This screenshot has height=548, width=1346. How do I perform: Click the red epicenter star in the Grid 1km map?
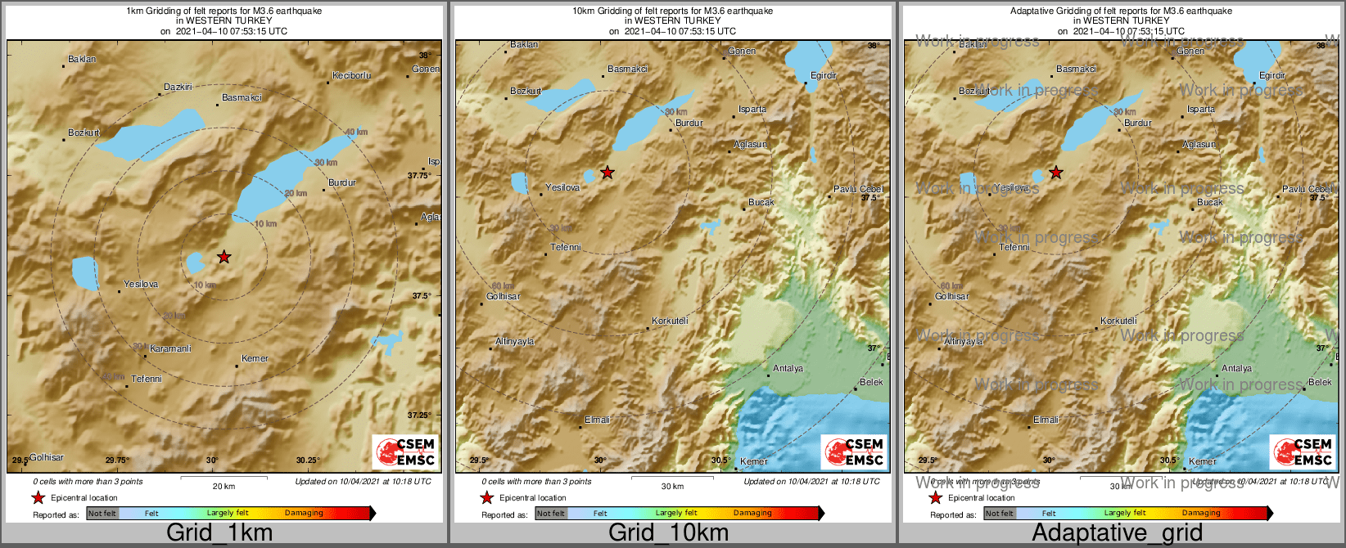[224, 258]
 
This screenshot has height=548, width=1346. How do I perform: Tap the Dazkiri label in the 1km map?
[178, 87]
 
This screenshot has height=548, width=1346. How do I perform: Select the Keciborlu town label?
[351, 75]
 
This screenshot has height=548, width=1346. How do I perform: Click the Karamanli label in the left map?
[170, 348]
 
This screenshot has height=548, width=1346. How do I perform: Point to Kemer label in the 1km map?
[255, 358]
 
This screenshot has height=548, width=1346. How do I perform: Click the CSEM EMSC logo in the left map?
[405, 451]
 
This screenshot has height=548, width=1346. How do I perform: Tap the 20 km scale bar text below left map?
[224, 487]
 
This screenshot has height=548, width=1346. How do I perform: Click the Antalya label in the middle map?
[788, 369]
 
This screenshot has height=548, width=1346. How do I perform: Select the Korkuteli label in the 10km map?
[670, 321]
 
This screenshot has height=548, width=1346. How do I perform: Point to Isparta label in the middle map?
[752, 109]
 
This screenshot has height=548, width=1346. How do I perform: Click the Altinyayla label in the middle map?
[514, 341]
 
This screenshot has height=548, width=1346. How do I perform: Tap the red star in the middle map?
[607, 173]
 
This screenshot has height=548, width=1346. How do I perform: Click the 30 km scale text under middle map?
[672, 487]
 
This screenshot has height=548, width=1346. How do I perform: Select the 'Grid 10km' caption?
[668, 532]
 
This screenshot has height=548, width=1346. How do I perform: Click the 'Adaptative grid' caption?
[1117, 532]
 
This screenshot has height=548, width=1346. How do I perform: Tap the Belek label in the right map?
[1320, 382]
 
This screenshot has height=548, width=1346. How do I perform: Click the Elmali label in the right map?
[1046, 420]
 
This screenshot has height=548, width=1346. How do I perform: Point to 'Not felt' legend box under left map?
[102, 514]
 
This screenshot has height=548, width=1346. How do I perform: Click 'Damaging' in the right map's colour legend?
[1201, 513]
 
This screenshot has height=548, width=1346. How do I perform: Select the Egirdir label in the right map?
[1272, 75]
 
